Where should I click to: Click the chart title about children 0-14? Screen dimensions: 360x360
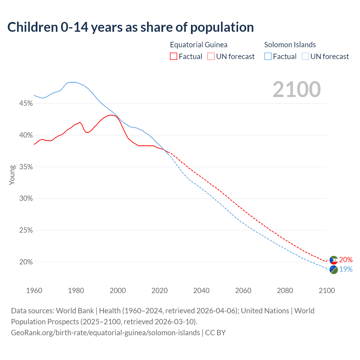pyautogui.click(x=130, y=27)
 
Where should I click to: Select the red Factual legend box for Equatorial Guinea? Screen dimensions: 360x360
pyautogui.click(x=174, y=57)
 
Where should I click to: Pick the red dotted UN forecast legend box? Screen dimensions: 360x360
pyautogui.click(x=211, y=57)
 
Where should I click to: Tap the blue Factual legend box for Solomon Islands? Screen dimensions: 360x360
pyautogui.click(x=268, y=57)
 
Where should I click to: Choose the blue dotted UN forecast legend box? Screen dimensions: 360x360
pyautogui.click(x=305, y=57)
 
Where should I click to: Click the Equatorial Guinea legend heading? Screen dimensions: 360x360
pyautogui.click(x=199, y=45)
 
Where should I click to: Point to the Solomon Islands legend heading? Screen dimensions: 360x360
pyautogui.click(x=290, y=45)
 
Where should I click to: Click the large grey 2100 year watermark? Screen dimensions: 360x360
pyautogui.click(x=297, y=89)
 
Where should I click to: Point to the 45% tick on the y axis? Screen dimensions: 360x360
pyautogui.click(x=26, y=103)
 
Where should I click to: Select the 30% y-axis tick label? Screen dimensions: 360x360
pyautogui.click(x=26, y=199)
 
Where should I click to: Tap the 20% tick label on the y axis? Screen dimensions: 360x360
pyautogui.click(x=26, y=262)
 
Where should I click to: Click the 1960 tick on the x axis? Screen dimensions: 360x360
pyautogui.click(x=34, y=291)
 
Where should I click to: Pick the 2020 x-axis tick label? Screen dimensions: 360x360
pyautogui.click(x=159, y=291)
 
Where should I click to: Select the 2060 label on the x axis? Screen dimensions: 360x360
pyautogui.click(x=243, y=291)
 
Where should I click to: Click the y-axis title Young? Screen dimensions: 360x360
pyautogui.click(x=12, y=175)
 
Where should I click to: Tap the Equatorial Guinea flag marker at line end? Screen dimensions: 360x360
pyautogui.click(x=334, y=260)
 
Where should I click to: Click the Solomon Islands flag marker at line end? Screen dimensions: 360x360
pyautogui.click(x=334, y=269)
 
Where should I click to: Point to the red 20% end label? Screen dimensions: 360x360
pyautogui.click(x=346, y=260)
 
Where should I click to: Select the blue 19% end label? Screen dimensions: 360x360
pyautogui.click(x=346, y=269)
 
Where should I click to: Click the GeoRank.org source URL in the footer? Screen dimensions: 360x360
pyautogui.click(x=105, y=333)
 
